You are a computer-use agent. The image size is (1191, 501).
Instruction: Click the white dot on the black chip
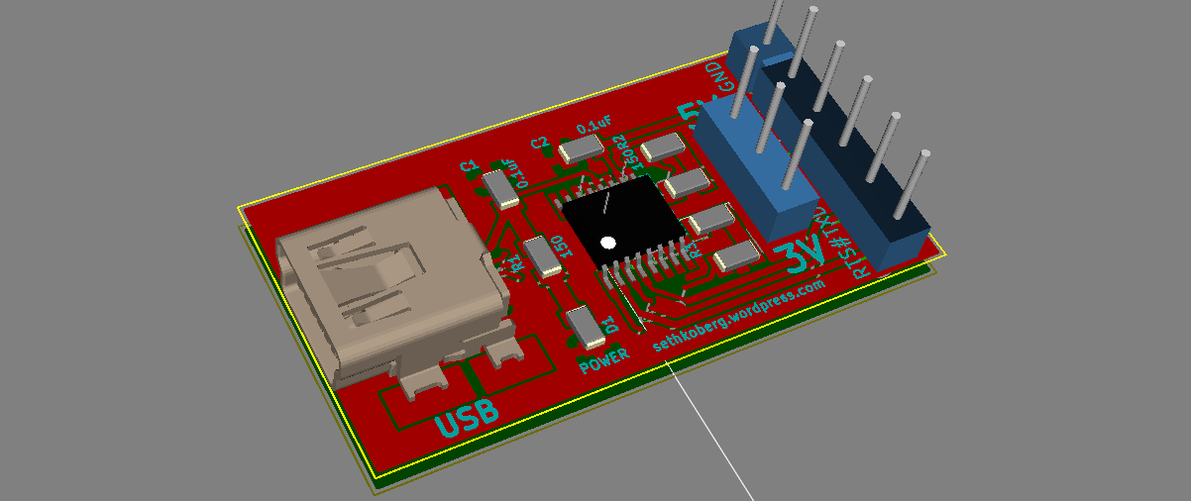(x=608, y=242)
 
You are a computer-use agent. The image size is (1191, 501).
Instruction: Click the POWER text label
(x=604, y=359)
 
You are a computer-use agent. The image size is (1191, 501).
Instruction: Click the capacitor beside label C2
(x=581, y=150)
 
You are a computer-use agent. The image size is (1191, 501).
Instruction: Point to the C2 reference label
(x=539, y=143)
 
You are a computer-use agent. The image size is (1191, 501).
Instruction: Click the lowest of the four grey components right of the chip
(x=735, y=258)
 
